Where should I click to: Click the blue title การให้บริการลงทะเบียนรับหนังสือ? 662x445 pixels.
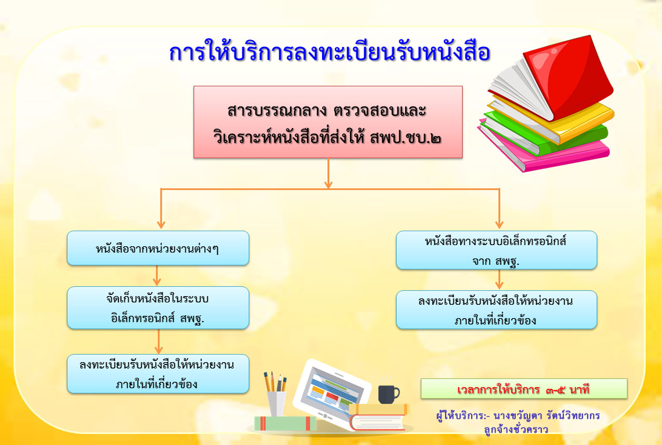[330, 52]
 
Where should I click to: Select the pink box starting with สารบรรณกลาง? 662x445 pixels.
[328, 122]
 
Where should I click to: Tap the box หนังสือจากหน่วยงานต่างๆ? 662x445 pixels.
[158, 248]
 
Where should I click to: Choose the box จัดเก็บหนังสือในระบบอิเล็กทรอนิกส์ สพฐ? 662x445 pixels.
[158, 308]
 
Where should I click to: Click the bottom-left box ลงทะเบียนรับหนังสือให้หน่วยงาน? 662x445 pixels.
[158, 374]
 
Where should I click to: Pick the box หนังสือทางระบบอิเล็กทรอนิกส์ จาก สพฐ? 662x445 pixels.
[497, 250]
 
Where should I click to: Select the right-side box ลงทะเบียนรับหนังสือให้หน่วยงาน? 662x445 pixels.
[497, 309]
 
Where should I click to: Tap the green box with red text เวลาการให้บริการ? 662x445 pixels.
[524, 389]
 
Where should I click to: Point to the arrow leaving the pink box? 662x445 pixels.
[328, 173]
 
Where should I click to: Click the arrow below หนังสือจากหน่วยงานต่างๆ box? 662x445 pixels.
[157, 275]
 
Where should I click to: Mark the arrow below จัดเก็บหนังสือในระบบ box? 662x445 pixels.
[159, 341]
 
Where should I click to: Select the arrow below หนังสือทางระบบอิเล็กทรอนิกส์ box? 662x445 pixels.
[500, 279]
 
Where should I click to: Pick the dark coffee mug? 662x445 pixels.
[388, 394]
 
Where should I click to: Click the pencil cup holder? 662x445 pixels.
[276, 404]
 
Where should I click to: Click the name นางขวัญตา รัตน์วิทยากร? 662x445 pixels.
[547, 415]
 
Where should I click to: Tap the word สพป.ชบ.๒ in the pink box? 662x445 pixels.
[406, 138]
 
